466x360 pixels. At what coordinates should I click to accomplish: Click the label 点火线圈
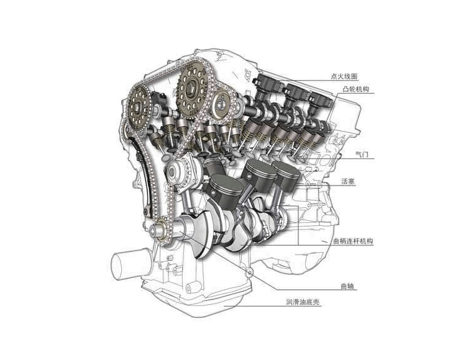[344, 76]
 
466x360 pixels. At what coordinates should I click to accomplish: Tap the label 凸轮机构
[356, 89]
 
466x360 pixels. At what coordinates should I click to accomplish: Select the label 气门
[362, 155]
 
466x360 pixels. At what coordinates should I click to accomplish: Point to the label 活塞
[348, 181]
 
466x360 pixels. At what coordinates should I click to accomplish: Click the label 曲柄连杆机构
[353, 241]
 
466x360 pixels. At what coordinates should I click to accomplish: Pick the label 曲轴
[347, 286]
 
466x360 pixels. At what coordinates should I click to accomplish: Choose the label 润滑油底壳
[303, 302]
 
